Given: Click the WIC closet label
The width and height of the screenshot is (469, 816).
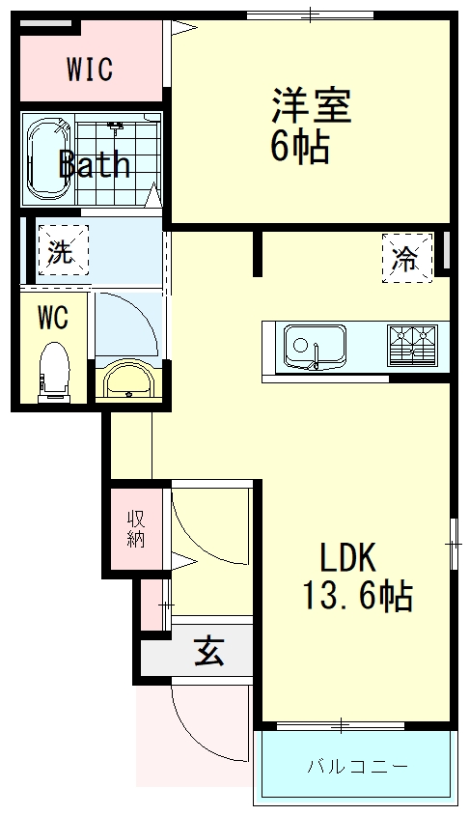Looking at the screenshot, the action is [x=90, y=69].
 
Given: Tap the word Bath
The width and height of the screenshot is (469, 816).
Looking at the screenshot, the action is [x=95, y=164].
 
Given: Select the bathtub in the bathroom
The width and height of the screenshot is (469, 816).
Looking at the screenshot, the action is [x=47, y=161].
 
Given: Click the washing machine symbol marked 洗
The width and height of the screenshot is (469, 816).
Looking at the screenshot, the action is [x=63, y=250].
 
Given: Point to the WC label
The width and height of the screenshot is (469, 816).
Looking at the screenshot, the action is [x=53, y=318].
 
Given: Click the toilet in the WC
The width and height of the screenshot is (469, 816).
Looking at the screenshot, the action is [x=55, y=372].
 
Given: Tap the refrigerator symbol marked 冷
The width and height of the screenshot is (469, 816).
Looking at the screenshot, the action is [x=407, y=258].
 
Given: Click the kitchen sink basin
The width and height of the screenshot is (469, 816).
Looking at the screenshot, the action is [x=315, y=346].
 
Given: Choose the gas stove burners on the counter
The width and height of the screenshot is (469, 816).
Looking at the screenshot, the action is [x=411, y=346].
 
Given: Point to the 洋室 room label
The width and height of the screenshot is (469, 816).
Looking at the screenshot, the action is [x=311, y=106].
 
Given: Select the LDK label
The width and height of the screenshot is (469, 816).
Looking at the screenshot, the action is [x=346, y=557].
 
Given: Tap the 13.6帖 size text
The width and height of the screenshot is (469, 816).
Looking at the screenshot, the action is [x=358, y=596].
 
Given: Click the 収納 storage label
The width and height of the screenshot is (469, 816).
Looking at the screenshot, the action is [x=136, y=529].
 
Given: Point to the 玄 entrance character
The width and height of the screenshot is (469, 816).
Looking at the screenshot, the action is [x=208, y=652].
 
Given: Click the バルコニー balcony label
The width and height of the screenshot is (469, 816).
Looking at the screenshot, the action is [x=357, y=766].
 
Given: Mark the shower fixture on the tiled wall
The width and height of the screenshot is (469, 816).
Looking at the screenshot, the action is [x=116, y=126].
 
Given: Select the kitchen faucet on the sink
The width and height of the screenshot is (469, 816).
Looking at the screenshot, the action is [x=316, y=356].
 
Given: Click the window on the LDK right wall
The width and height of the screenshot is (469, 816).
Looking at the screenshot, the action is [x=454, y=544].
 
